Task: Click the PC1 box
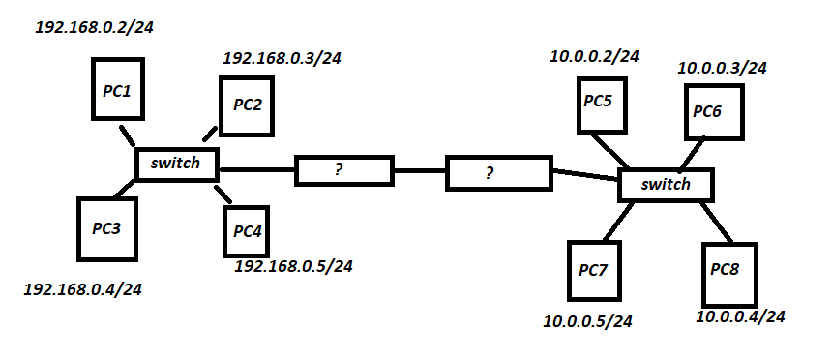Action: point(117,89)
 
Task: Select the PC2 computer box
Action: point(248,104)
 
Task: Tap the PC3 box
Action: point(106,228)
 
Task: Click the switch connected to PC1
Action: point(176,164)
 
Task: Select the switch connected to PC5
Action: point(666,184)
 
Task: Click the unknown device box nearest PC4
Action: point(344,170)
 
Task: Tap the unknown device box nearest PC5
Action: point(496,174)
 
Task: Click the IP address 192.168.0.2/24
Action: point(94,27)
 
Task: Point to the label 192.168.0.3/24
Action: point(282,58)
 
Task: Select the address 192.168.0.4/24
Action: point(81,289)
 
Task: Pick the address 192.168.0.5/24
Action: point(293,265)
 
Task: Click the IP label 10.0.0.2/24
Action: point(594,57)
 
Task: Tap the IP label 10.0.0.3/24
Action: point(722,68)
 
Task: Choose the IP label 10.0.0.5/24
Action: point(588,320)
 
